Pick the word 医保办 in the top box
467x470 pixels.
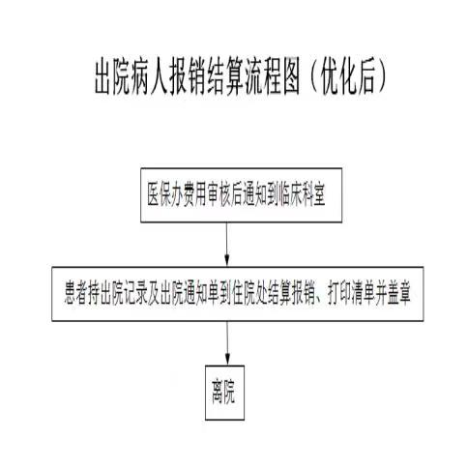[164, 195]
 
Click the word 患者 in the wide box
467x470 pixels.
[76, 294]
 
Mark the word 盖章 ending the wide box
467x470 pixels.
[399, 294]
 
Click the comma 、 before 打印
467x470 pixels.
[320, 301]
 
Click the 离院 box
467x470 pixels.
[224, 393]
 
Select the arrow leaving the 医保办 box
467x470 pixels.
[227, 245]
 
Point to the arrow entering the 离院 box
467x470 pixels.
[227, 343]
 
